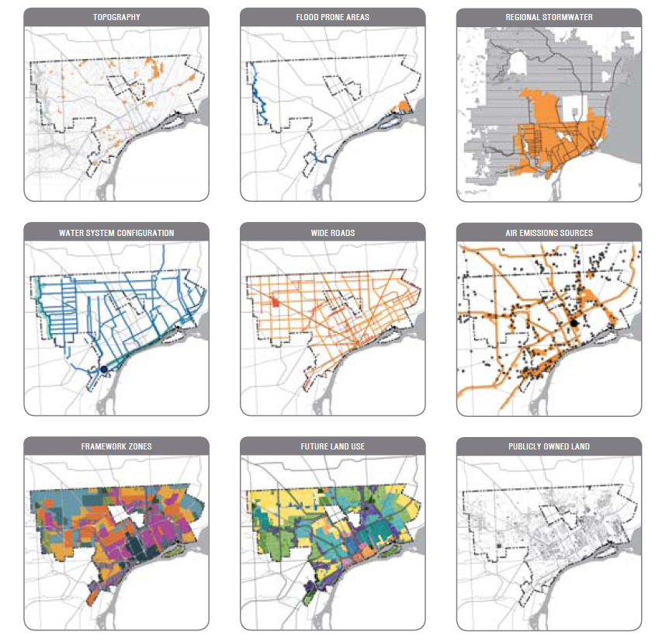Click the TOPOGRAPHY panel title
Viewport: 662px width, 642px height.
click(x=116, y=16)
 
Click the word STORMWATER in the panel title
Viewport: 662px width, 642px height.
click(x=568, y=16)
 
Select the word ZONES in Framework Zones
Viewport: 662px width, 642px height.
click(x=139, y=447)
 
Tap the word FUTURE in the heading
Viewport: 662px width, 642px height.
click(x=314, y=447)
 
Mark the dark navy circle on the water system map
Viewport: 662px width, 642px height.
click(x=103, y=370)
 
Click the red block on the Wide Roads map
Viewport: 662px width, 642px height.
click(x=275, y=300)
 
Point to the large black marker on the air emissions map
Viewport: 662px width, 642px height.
click(x=574, y=321)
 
